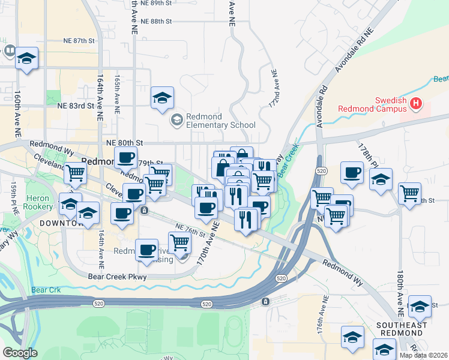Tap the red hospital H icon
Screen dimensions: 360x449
pyautogui.click(x=415, y=105)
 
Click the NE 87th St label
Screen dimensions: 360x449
pyautogui.click(x=79, y=41)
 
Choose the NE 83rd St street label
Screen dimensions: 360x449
pyautogui.click(x=77, y=106)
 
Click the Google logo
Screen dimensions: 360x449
pyautogui.click(x=20, y=353)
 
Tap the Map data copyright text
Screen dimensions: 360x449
pyautogui.click(x=424, y=355)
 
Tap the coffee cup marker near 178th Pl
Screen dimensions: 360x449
pyautogui.click(x=352, y=172)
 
